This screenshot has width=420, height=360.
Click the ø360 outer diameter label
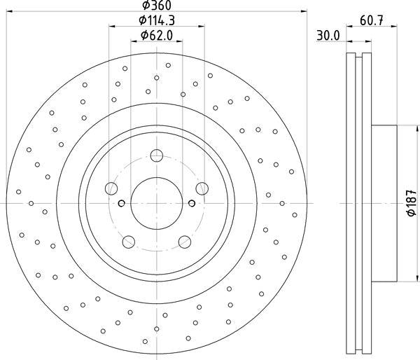(157, 6)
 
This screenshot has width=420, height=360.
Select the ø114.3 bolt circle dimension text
(157, 21)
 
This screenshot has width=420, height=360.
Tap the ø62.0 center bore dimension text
(157, 35)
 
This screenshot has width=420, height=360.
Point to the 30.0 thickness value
(327, 35)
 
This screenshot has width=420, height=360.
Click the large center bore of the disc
(156, 203)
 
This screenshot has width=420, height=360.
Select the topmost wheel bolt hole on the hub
(156, 155)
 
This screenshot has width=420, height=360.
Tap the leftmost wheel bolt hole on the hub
(111, 188)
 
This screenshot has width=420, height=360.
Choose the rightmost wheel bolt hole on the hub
(202, 188)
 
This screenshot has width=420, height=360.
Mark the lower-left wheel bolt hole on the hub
(128, 242)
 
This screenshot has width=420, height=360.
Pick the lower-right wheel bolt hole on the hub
(185, 242)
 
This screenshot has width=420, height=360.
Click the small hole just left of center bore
(122, 204)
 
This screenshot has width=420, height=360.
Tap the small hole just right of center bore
(190, 204)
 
